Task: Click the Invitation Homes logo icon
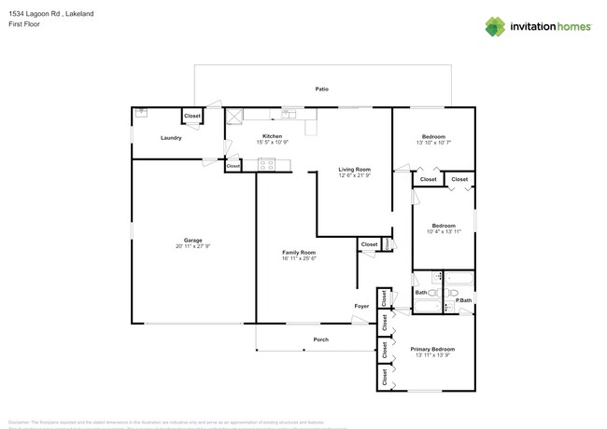[x=495, y=26]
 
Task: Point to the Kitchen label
[x=272, y=136]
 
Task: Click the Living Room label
[x=354, y=170]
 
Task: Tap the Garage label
[x=192, y=240]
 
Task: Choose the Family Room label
[x=299, y=253]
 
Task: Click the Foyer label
[x=361, y=306]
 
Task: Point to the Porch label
[x=320, y=339]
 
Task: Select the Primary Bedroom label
[x=432, y=349]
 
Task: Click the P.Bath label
[x=463, y=299]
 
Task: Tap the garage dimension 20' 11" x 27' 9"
[x=192, y=246]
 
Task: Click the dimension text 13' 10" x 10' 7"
[x=432, y=143]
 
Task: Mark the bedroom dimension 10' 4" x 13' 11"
[x=444, y=231]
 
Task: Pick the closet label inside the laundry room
[x=191, y=117]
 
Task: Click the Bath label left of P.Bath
[x=420, y=293]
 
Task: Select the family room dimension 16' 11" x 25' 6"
[x=299, y=259]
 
